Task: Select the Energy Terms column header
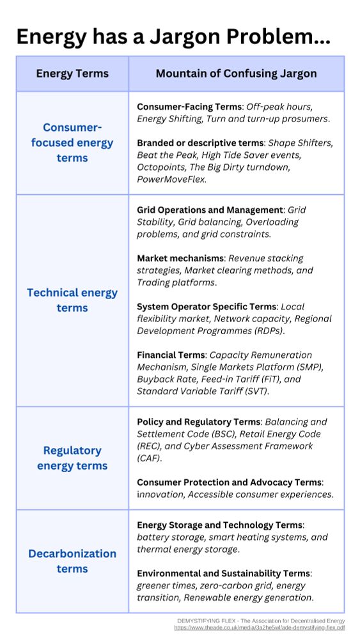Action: [72, 73]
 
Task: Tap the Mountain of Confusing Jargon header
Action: [236, 73]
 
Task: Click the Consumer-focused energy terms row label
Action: [72, 142]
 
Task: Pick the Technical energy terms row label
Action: [72, 300]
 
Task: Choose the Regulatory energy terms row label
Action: [72, 458]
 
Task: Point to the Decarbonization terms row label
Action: [72, 561]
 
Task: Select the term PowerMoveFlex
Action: [171, 180]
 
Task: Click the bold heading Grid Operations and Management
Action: [210, 210]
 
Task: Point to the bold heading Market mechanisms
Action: [180, 258]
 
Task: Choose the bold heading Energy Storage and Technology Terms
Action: [220, 525]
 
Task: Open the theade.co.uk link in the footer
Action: [259, 628]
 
